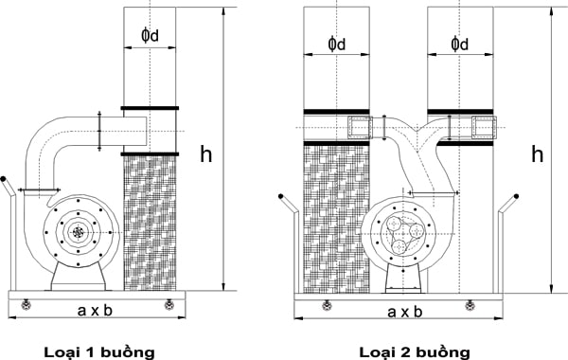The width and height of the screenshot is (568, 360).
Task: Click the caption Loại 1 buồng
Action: pos(98,351)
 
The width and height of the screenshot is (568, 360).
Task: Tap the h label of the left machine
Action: pos(205,154)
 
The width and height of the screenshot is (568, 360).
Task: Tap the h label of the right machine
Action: pos(537,153)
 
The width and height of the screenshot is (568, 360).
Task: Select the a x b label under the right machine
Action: pos(403,309)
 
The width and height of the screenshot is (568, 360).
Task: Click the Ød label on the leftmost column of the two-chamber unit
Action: pos(336,45)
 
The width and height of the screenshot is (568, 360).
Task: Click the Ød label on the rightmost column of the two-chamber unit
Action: pos(460,45)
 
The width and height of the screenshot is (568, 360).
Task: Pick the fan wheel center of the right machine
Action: pos(401,233)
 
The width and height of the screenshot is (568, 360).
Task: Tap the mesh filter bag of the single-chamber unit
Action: pos(150,223)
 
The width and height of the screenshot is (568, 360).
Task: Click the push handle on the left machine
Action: pos(9,188)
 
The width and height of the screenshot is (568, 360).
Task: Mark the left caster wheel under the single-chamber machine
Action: pos(25,303)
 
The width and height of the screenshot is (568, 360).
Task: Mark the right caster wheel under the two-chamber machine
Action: pos(469,304)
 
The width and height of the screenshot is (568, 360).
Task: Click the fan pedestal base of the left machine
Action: pos(78,278)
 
